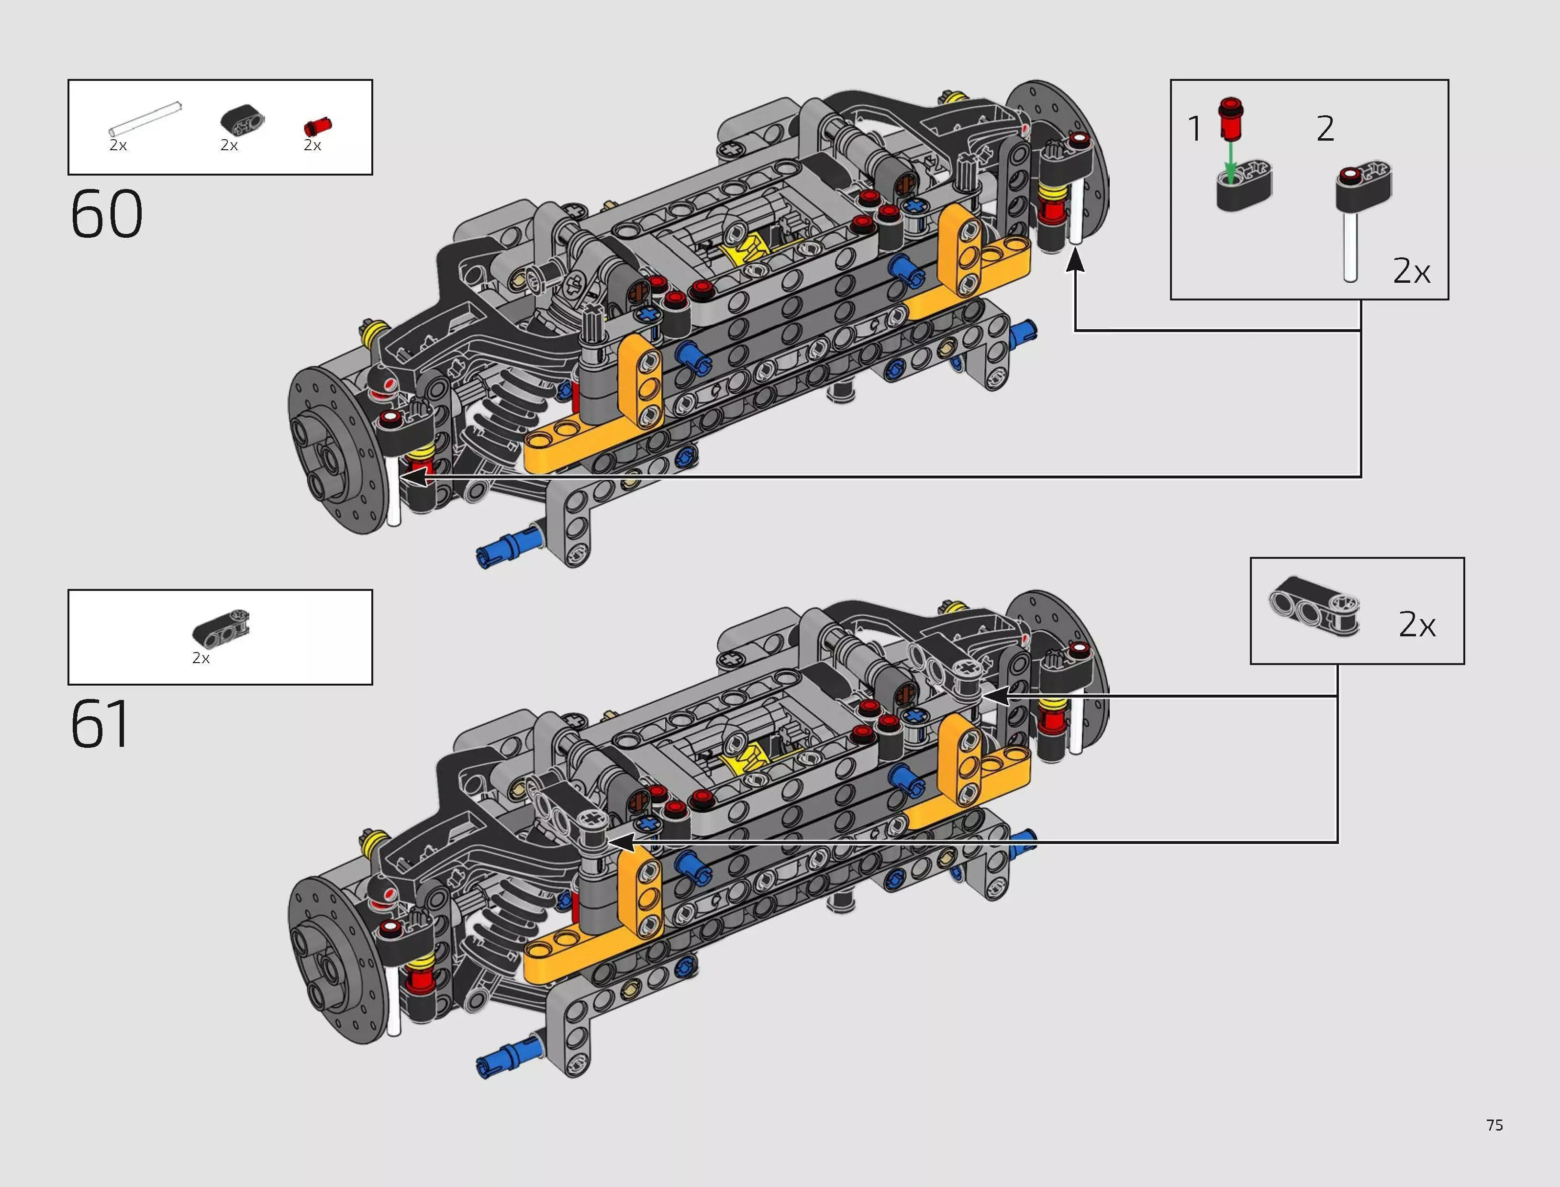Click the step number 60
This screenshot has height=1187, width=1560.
click(x=107, y=213)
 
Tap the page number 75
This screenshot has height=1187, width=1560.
click(x=1494, y=1125)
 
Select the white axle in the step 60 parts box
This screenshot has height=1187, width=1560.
click(x=145, y=118)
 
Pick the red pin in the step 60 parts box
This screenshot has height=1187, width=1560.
click(x=317, y=126)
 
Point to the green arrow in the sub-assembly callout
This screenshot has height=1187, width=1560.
click(x=1230, y=159)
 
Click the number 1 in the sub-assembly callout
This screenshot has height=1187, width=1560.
click(x=1194, y=129)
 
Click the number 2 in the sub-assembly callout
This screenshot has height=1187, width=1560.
click(x=1325, y=129)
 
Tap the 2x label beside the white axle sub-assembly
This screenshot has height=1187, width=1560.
click(x=1411, y=271)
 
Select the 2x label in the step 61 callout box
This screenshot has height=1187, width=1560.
click(x=1416, y=624)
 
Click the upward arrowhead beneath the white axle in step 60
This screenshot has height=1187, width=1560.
click(x=1075, y=261)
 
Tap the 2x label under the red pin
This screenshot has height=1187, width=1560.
click(x=312, y=145)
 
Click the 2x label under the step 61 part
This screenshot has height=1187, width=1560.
click(x=201, y=658)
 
